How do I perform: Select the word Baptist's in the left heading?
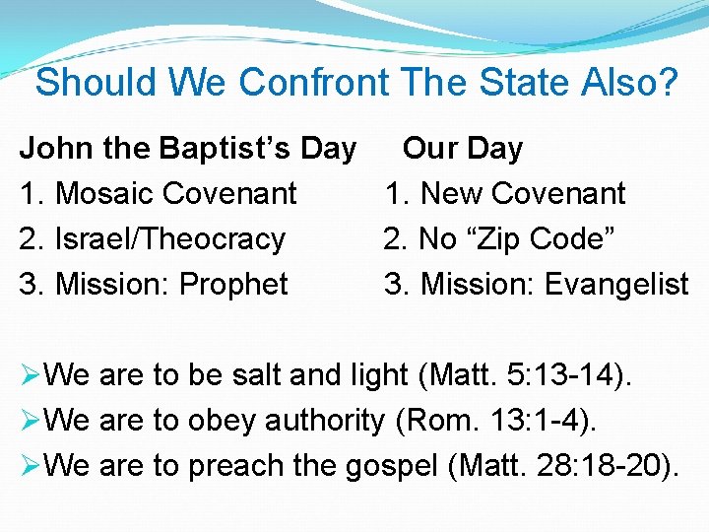pyautogui.click(x=225, y=149)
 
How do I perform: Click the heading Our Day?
pyautogui.click(x=463, y=149)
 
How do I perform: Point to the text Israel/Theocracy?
pyautogui.click(x=170, y=239)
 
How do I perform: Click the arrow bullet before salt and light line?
pyautogui.click(x=31, y=375)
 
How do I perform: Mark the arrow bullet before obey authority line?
pyautogui.click(x=31, y=421)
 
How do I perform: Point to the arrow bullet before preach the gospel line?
pyautogui.click(x=31, y=466)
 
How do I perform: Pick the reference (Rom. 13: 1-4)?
pyautogui.click(x=495, y=421)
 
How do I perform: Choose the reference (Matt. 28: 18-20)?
pyautogui.click(x=563, y=466)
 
